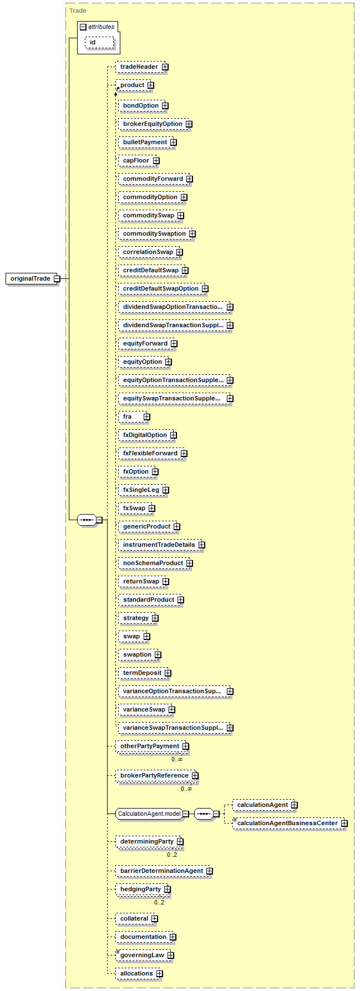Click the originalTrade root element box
[x=31, y=278]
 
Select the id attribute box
[x=93, y=42]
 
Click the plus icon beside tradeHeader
[x=165, y=67]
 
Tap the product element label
[x=132, y=85]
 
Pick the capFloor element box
[x=136, y=160]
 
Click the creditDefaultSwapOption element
[x=161, y=288]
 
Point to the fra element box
[x=128, y=416]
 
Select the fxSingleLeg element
[x=141, y=490]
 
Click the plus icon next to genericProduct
[x=176, y=527]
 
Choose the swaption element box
[x=137, y=654]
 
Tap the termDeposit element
[x=142, y=673]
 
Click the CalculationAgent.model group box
[x=149, y=814]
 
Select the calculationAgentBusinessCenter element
[x=287, y=823]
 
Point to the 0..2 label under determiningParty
[x=172, y=855]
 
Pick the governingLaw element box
[x=142, y=955]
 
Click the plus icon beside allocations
[x=159, y=974]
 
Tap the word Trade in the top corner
[x=78, y=11]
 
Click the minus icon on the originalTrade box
[x=57, y=279]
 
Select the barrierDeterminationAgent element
[x=161, y=871]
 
